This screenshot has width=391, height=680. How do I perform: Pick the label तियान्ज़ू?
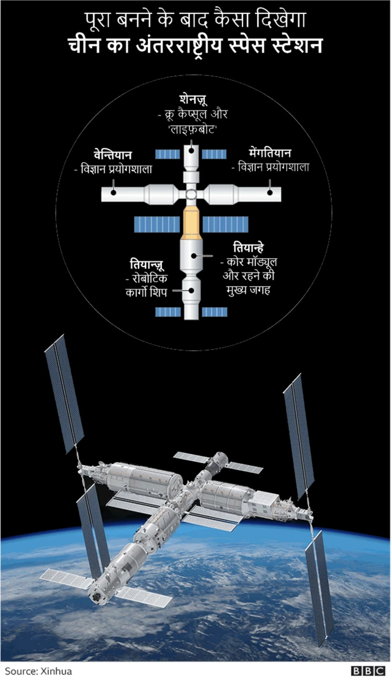(x=147, y=264)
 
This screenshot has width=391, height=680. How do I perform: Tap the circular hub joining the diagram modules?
(x=192, y=195)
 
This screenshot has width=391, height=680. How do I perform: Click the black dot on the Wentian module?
(x=113, y=193)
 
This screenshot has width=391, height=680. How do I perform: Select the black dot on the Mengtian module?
(x=269, y=192)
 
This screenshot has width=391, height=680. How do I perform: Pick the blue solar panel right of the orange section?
(x=225, y=225)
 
